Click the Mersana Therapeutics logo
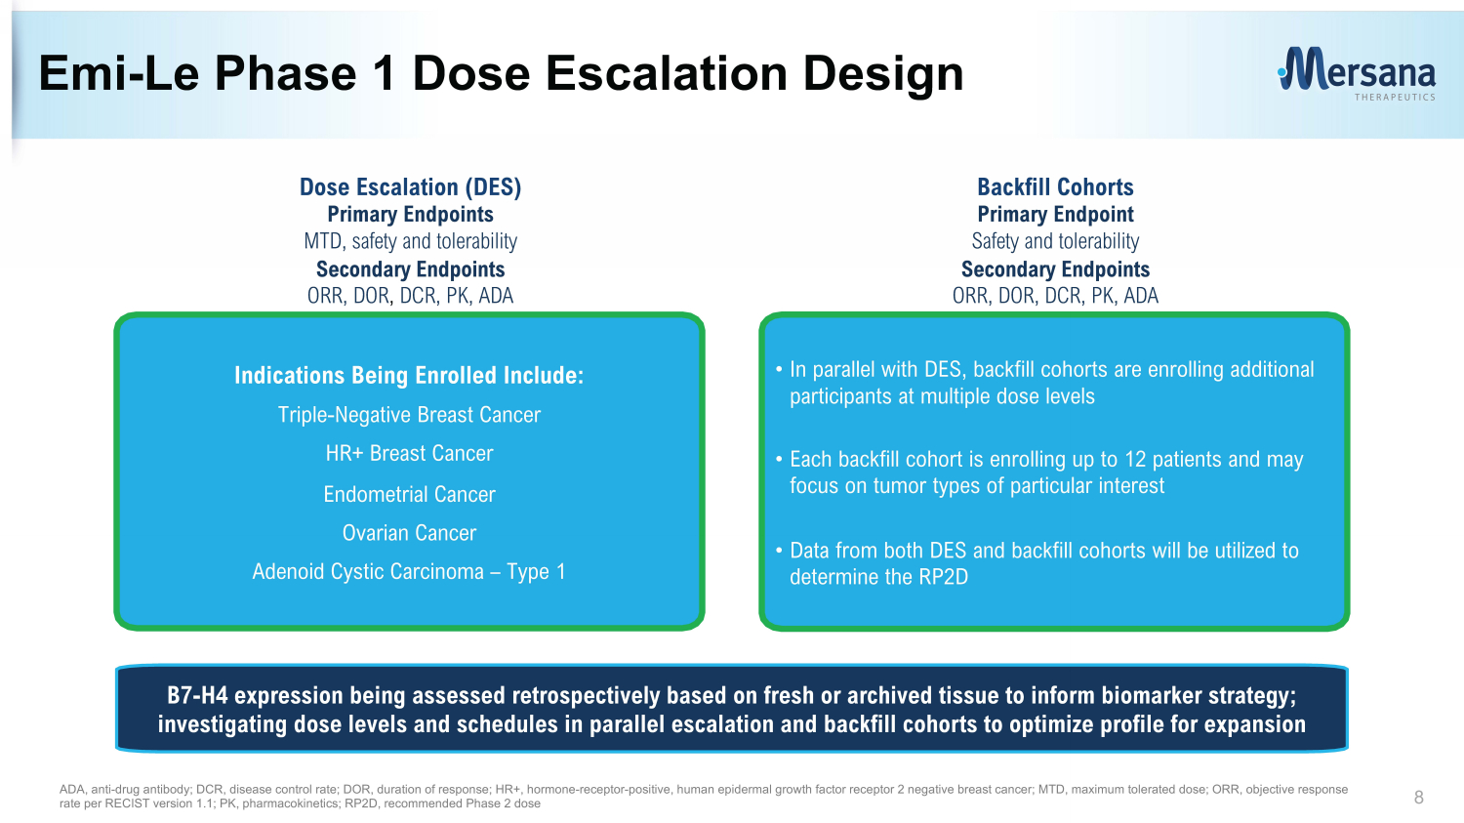tap(1357, 73)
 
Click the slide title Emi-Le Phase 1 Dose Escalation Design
tap(502, 73)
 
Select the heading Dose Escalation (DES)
tap(411, 186)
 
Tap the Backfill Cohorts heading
tap(1055, 186)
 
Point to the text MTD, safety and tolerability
tap(411, 241)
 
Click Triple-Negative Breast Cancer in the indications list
tap(409, 415)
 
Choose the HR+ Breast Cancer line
tap(409, 453)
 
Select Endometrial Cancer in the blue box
tap(409, 494)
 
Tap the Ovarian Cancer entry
tap(409, 533)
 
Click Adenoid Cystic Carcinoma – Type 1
tap(409, 571)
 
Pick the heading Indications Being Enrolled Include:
tap(409, 375)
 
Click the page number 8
tap(1418, 797)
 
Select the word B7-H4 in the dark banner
tap(197, 695)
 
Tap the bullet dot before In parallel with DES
tap(779, 370)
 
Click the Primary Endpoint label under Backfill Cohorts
tap(1055, 215)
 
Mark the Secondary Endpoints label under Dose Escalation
tap(411, 269)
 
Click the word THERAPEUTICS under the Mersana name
tap(1395, 98)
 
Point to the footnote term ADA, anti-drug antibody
tap(126, 790)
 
